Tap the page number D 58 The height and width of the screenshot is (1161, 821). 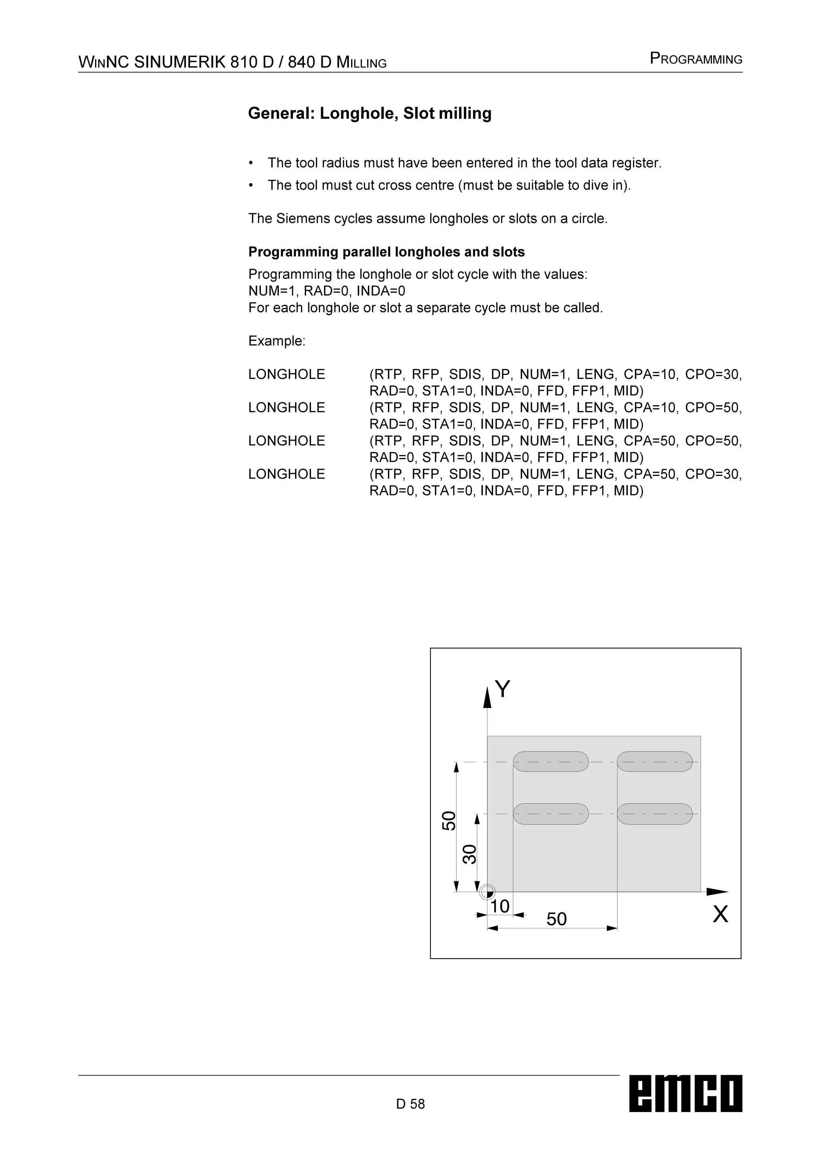(410, 1104)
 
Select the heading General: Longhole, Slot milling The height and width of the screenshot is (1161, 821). (370, 113)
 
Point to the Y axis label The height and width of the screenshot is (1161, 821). (503, 689)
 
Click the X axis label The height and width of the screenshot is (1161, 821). (720, 914)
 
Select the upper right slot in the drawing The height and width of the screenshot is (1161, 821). (655, 762)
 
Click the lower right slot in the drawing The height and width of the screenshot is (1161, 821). (655, 813)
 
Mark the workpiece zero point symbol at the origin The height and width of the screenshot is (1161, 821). (487, 892)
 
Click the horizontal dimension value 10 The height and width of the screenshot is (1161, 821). (499, 906)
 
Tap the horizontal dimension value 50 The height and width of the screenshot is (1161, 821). (556, 919)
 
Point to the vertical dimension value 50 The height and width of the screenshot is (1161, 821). (449, 820)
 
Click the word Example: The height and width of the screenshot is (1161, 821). (277, 341)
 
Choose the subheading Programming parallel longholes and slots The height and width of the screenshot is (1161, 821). (386, 252)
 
